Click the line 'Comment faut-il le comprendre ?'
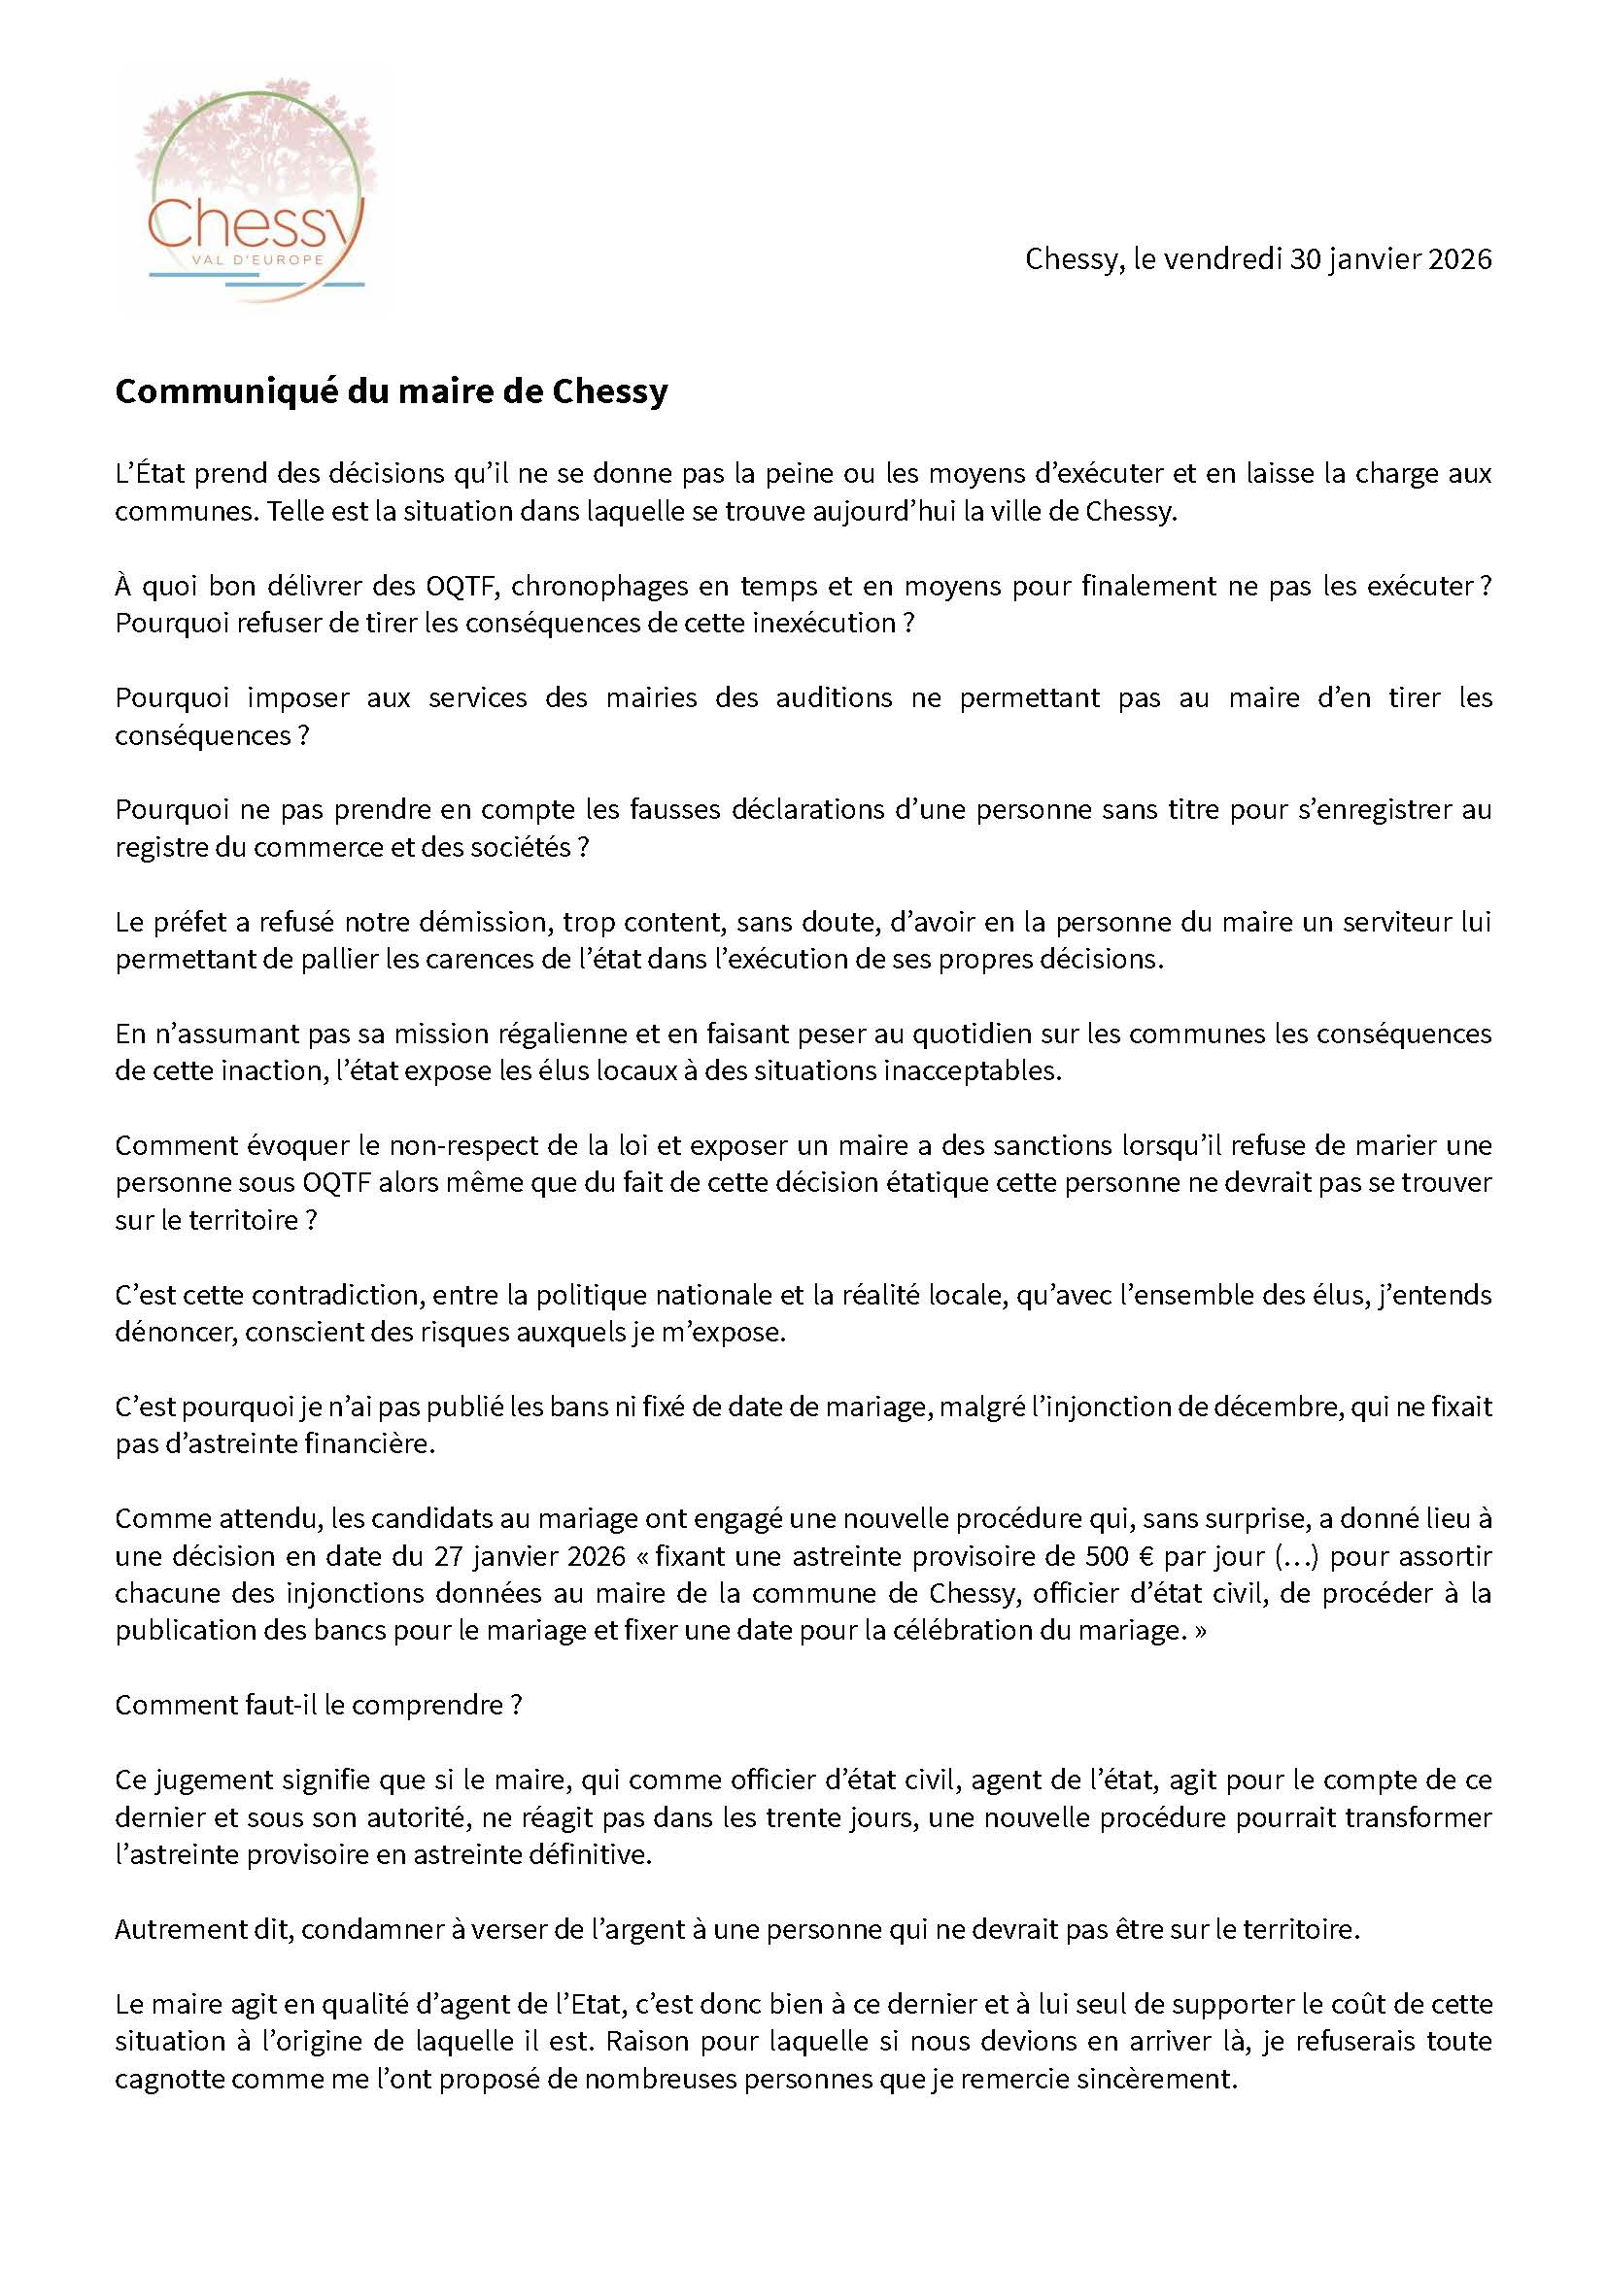coord(318,1706)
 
